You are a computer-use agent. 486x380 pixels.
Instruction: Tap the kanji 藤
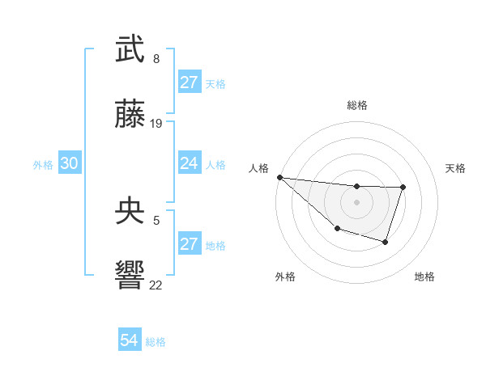(x=130, y=115)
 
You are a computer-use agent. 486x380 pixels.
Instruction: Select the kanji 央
(x=130, y=212)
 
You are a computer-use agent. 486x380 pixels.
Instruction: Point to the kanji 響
(x=130, y=275)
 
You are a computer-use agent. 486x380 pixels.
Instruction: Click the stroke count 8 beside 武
(x=156, y=58)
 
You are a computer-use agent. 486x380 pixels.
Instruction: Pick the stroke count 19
(x=156, y=124)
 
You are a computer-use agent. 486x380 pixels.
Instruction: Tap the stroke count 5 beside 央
(x=156, y=219)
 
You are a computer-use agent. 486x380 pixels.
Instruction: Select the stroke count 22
(x=156, y=285)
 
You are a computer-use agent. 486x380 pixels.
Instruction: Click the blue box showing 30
(x=70, y=163)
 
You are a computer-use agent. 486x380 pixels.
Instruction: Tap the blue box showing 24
(x=190, y=163)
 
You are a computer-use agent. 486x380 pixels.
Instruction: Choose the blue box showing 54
(x=130, y=340)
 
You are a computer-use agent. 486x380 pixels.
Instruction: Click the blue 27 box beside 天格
(x=190, y=82)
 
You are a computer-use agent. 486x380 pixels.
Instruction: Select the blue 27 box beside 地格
(x=190, y=244)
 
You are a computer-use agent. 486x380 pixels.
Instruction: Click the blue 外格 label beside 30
(x=43, y=164)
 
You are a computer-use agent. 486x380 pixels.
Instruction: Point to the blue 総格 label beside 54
(x=156, y=342)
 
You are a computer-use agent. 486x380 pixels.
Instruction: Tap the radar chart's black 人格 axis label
(x=259, y=168)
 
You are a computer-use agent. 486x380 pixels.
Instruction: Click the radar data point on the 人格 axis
(x=279, y=177)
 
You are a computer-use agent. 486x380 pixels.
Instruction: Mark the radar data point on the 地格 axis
(x=386, y=242)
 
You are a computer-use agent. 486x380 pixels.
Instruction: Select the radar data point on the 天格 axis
(x=403, y=188)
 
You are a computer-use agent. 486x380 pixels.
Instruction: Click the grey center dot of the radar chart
(x=356, y=202)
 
